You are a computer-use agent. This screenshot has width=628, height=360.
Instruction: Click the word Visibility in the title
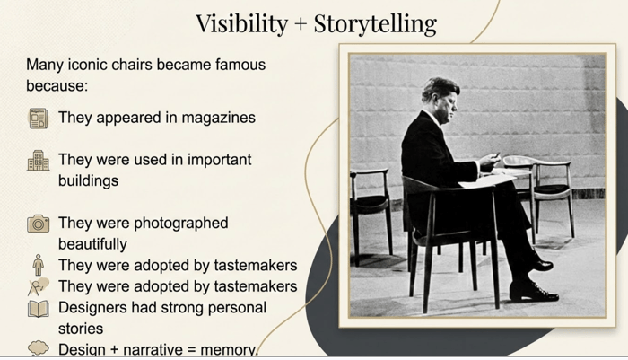[x=242, y=23]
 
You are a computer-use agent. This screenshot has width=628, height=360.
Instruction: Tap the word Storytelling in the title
[x=375, y=23]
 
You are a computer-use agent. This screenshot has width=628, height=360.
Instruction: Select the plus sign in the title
[x=301, y=24]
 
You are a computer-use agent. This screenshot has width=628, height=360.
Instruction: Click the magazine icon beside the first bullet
[x=38, y=119]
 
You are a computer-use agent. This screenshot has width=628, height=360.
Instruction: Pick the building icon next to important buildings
[x=38, y=161]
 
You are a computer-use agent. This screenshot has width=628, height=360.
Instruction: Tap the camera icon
[x=38, y=224]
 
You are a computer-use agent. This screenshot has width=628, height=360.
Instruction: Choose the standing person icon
[x=38, y=265]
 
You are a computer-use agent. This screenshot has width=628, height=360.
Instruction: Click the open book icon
[x=38, y=309]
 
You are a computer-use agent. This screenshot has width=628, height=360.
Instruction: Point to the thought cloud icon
[x=38, y=348]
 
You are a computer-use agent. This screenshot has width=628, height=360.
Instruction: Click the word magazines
[x=218, y=118]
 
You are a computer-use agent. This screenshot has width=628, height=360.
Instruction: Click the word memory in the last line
[x=228, y=349]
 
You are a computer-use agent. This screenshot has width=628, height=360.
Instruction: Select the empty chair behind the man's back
[x=370, y=213]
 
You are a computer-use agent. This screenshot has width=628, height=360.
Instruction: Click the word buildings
[x=88, y=180]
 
